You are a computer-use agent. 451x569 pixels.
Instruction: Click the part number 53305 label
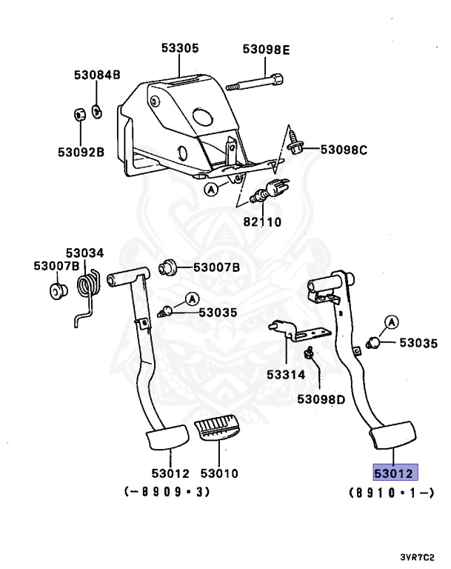[180, 49]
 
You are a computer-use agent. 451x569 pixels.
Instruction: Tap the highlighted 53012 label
[395, 473]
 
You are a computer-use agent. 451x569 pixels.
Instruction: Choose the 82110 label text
[264, 222]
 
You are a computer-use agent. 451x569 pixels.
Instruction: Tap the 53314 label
[286, 375]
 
